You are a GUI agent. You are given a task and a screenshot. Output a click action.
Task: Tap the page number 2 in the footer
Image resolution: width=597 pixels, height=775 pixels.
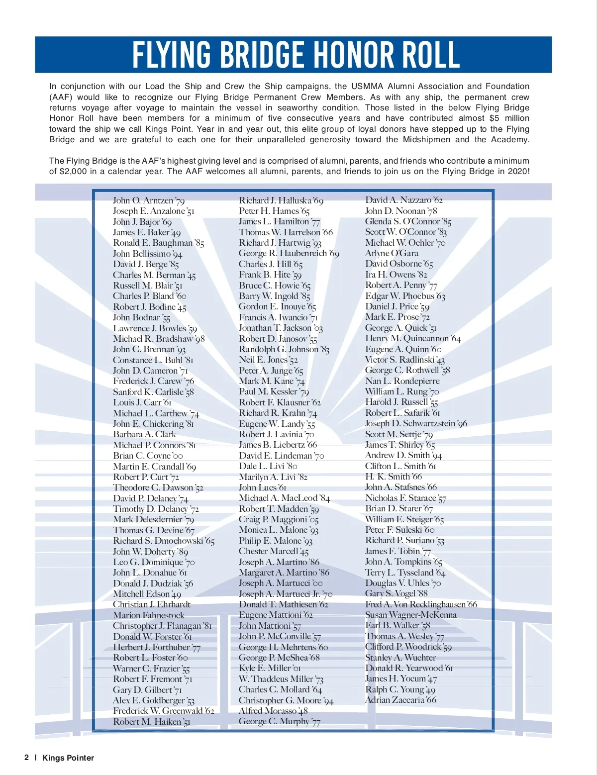click(26, 758)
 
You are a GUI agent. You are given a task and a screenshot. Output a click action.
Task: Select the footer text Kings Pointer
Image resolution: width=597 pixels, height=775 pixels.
click(68, 758)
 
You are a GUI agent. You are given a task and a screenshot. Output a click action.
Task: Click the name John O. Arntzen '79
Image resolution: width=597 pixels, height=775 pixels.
click(149, 200)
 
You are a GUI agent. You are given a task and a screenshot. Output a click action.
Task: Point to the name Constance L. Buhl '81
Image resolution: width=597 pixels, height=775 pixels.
click(153, 360)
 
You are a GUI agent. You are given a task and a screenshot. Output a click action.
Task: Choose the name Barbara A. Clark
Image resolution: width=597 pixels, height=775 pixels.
click(144, 434)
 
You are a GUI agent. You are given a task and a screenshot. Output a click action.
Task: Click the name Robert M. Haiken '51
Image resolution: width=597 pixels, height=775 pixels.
click(152, 722)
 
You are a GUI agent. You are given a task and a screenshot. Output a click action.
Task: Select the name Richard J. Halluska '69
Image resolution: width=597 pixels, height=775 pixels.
click(281, 200)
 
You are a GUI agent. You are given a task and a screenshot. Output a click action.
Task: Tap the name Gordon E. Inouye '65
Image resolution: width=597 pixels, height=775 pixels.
click(277, 307)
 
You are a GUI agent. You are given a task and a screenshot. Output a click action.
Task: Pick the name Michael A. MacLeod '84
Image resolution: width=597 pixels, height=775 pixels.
click(284, 498)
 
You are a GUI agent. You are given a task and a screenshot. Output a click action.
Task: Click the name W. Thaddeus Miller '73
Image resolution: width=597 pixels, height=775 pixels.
click(281, 679)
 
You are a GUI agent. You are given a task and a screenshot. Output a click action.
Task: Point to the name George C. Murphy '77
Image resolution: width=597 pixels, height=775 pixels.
click(280, 721)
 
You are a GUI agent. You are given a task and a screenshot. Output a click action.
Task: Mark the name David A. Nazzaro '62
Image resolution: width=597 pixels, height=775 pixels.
click(403, 200)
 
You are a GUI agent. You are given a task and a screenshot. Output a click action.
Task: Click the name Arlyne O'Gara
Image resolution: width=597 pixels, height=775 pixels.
click(392, 253)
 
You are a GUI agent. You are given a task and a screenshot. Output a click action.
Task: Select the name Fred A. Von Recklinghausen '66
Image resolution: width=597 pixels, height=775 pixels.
click(421, 604)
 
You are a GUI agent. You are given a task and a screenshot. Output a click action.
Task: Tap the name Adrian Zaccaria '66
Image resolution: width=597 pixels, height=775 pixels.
click(400, 700)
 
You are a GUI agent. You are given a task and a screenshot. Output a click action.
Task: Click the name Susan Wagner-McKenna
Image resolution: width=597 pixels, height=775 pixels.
click(411, 615)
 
